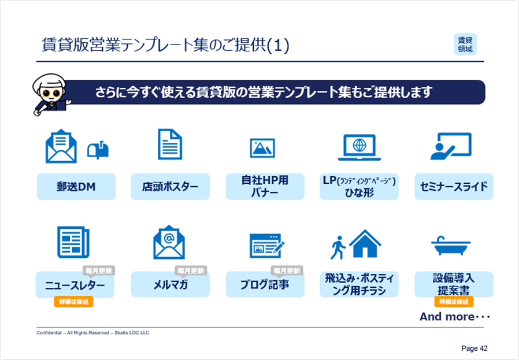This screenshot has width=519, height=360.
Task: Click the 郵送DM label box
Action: pos(76,187)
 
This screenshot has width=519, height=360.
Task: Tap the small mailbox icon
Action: pos(98,150)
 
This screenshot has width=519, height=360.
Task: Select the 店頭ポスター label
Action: pos(170,187)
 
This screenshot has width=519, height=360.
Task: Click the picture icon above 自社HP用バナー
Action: pos(262,148)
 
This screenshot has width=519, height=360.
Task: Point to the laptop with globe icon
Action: pos(359,147)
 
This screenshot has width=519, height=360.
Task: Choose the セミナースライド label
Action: pos(454,187)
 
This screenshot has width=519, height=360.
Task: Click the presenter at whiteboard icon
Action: pos(451,146)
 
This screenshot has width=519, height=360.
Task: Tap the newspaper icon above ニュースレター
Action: pos(73,242)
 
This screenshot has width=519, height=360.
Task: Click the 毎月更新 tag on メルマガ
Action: pos(191,270)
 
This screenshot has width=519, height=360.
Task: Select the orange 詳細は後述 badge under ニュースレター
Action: pos(73,302)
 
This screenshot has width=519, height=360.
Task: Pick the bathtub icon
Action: pos(451,246)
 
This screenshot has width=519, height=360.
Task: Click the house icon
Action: pos(365,243)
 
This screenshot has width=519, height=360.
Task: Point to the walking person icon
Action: pos(338,247)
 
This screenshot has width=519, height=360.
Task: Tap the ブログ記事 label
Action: pos(265,284)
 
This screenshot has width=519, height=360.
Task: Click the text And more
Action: pos(455,317)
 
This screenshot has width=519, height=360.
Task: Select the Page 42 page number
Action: pos(474,348)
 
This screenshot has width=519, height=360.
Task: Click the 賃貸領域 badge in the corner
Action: pos(465,44)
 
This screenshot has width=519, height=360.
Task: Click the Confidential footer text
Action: pos(92,332)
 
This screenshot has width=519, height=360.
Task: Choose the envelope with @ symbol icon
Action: pos(169,242)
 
